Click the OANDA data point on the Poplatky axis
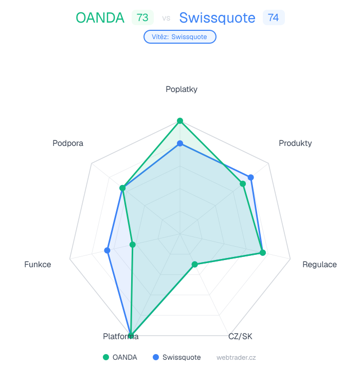coord(180,121)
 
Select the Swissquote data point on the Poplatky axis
coord(180,143)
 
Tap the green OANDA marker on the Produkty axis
coord(243,183)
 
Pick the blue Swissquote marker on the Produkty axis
coord(251,177)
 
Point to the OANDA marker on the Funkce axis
coord(132,245)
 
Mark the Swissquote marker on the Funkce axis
coord(107,250)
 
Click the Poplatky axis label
coord(182,89)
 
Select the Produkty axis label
coord(295,143)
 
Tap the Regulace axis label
coord(319,265)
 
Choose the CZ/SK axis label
coord(240,337)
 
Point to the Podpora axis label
coord(68,143)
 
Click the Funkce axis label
coord(38,265)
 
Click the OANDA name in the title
coord(100,18)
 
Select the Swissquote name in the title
coord(217,18)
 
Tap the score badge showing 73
coord(142,17)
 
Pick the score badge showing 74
coord(274,17)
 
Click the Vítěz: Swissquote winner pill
coord(179,36)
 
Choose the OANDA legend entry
coord(120,357)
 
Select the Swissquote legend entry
coord(176,357)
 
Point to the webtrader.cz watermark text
coord(236,357)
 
